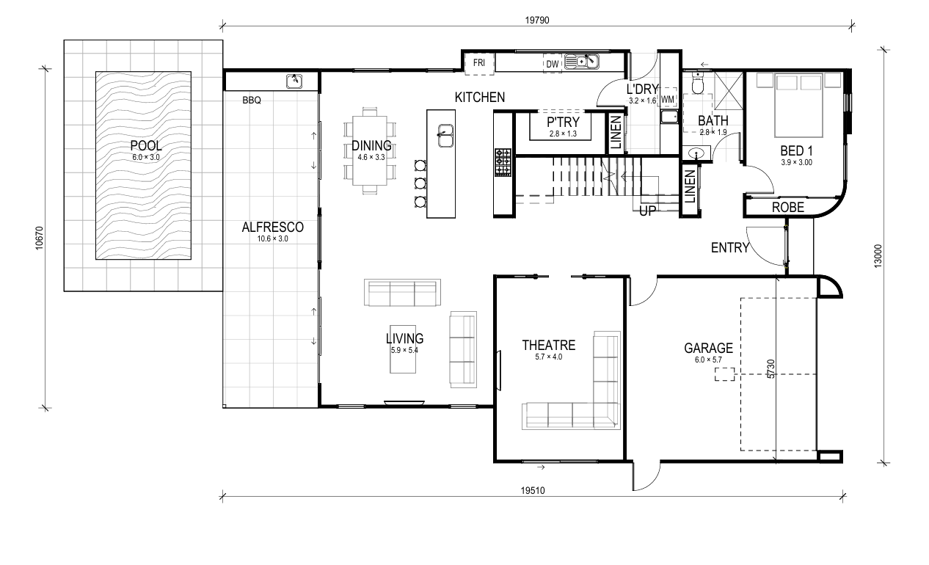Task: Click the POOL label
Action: coord(146,145)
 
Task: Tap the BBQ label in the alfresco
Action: coord(252,101)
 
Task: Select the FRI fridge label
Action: coord(479,62)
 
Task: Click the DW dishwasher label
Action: coord(553,65)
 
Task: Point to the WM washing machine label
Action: coord(667,100)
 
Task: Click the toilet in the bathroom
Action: coord(698,83)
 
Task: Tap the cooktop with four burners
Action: coord(503,162)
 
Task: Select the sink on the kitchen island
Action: coord(445,135)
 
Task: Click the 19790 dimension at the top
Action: coord(537,21)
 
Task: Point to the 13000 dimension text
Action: coord(878,256)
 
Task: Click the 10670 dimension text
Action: coord(39,238)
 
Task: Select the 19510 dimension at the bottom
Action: coord(533,491)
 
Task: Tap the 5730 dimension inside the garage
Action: coord(770,369)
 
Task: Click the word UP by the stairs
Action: coord(647,211)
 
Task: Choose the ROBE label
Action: coord(788,208)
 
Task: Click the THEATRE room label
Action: coord(549,345)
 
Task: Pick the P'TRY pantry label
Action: coord(563,123)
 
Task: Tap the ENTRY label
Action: coord(730,248)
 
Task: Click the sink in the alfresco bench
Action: coord(294,81)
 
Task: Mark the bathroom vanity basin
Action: coord(696,153)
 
